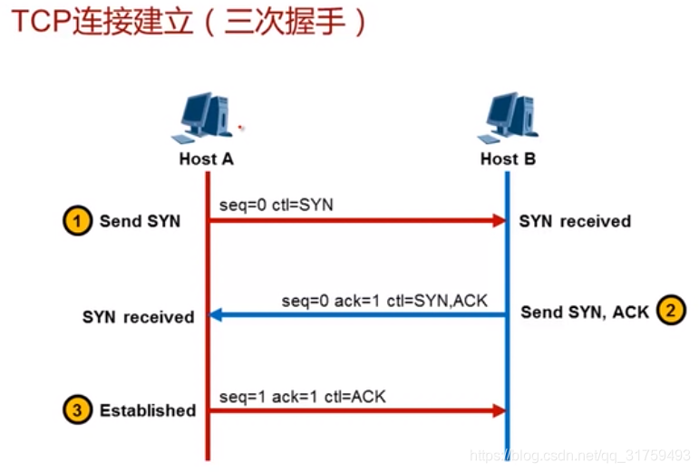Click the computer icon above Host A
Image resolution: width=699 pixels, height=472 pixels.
[x=203, y=118]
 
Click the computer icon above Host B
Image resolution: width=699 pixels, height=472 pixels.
[x=509, y=118]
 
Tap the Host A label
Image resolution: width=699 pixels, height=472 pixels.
[x=206, y=159]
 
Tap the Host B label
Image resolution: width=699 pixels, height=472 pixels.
[x=508, y=159]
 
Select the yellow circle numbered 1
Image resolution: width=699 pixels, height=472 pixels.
[x=77, y=220]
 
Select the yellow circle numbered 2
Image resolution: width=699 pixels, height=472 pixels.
[x=671, y=310]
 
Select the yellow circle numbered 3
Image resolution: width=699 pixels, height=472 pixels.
[x=77, y=409]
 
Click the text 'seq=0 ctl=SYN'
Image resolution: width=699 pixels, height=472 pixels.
[x=277, y=205]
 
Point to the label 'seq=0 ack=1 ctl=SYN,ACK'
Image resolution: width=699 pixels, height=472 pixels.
[x=384, y=301]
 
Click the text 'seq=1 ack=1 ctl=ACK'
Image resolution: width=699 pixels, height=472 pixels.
[x=302, y=396]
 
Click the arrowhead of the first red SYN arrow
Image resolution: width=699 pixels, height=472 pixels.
[x=499, y=220]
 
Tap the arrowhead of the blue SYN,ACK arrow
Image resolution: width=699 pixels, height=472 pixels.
[x=216, y=314]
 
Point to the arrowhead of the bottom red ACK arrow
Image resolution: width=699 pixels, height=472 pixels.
[x=499, y=410]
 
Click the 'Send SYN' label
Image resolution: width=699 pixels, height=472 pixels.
[x=140, y=221]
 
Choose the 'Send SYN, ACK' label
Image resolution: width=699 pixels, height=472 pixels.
[x=585, y=313]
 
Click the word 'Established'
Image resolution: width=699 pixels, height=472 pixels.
[x=148, y=410]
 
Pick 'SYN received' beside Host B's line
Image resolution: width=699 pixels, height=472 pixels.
[x=575, y=221]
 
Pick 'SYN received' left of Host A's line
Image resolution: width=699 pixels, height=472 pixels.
[x=138, y=317]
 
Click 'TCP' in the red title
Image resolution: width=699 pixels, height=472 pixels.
[x=42, y=21]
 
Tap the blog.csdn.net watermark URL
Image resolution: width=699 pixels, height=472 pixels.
[x=580, y=455]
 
